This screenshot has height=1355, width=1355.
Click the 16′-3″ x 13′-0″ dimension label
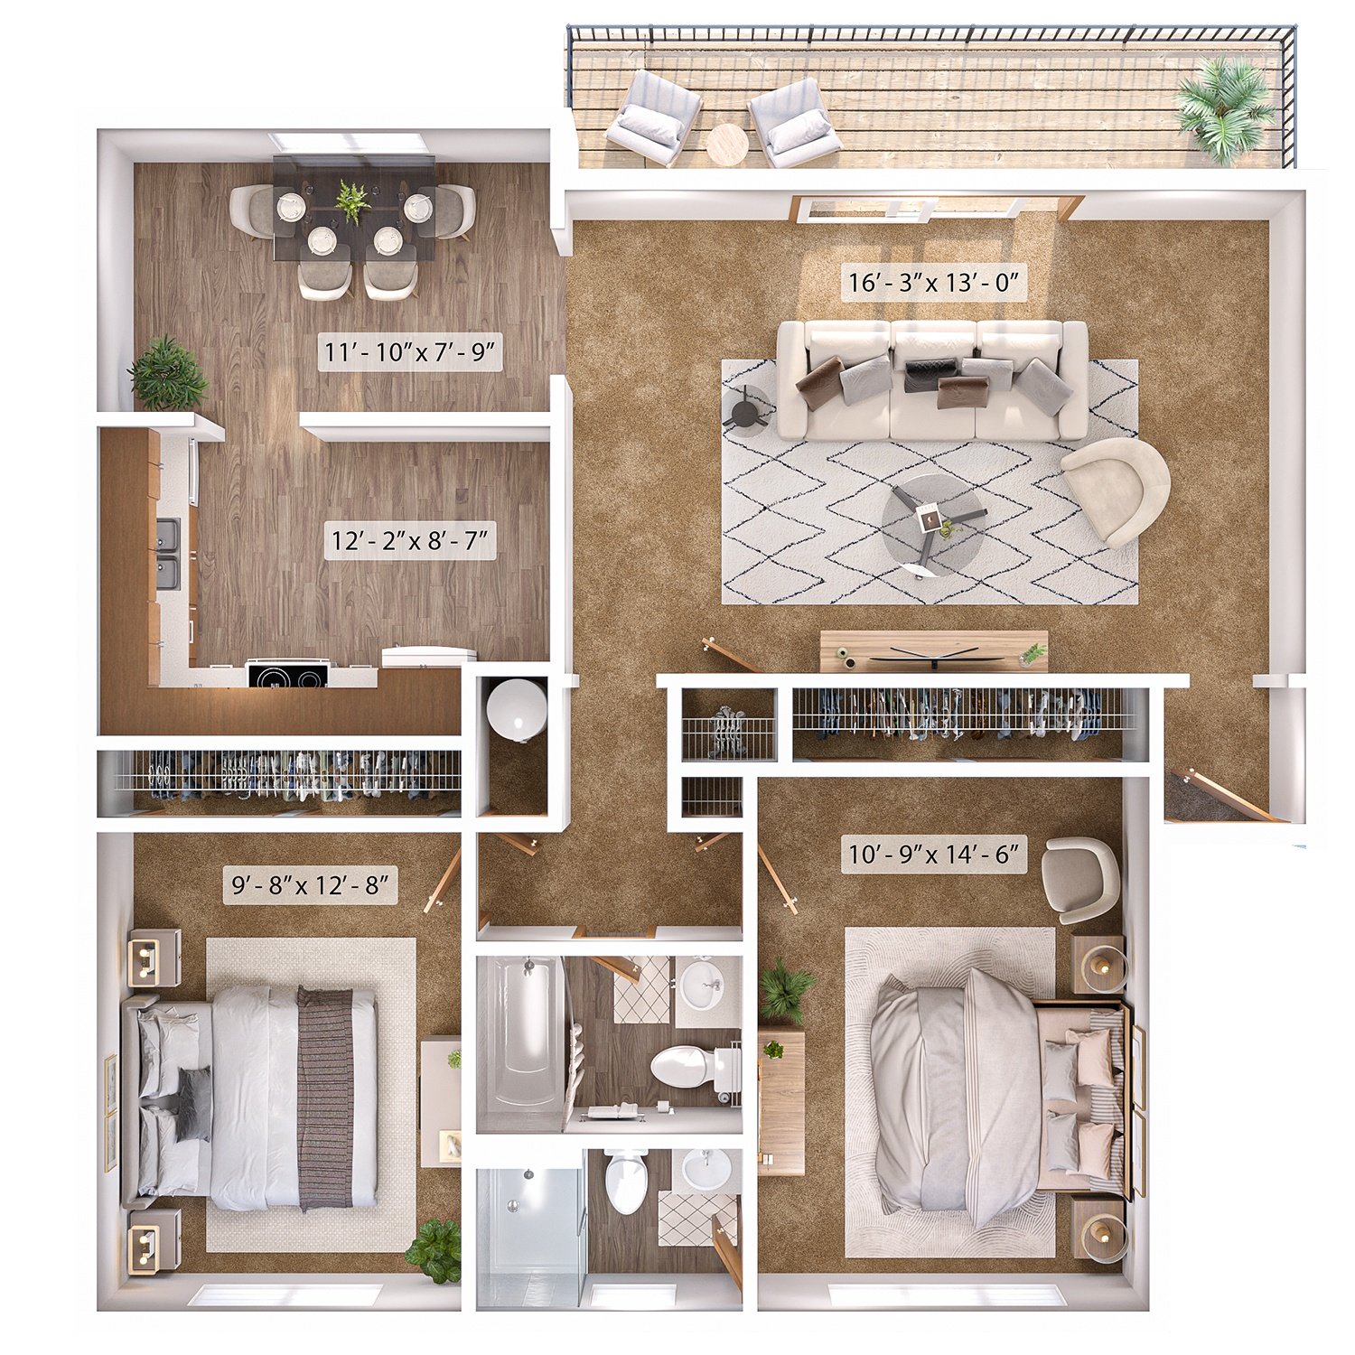[934, 283]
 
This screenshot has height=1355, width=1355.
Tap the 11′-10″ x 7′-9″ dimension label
[411, 351]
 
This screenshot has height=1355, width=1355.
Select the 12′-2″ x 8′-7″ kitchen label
[410, 541]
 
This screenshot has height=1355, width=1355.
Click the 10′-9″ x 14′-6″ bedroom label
[934, 853]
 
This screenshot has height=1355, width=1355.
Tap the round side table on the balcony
[727, 144]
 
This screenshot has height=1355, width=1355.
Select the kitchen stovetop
[287, 675]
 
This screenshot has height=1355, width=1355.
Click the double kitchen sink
[169, 553]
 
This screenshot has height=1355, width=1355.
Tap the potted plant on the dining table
[351, 201]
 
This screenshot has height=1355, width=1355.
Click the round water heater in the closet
[516, 707]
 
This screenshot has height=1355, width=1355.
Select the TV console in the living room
[933, 651]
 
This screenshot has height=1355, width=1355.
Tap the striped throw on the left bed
[325, 1098]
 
